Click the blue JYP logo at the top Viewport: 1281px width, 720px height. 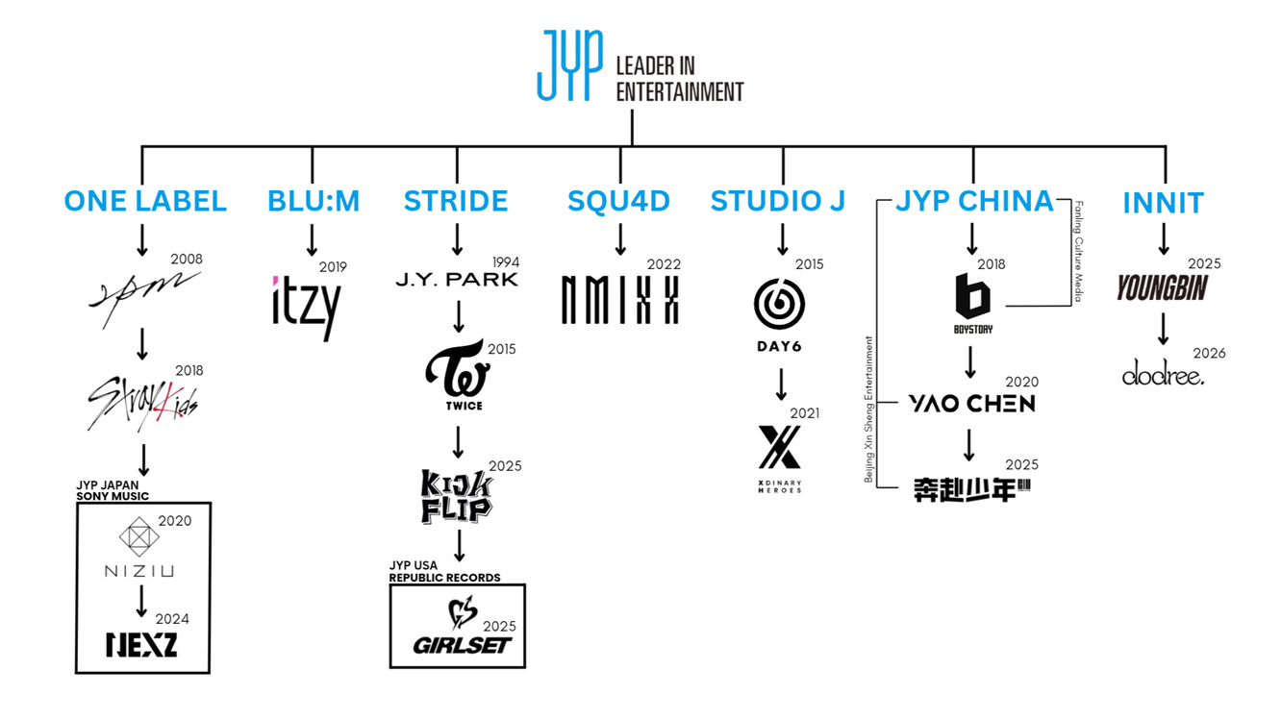570,65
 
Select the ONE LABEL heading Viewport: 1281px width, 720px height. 145,201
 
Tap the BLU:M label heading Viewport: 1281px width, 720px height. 314,201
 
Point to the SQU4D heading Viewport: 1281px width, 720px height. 618,201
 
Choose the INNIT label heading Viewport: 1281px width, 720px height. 1163,203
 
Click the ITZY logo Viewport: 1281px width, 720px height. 305,307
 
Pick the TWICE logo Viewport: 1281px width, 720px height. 458,377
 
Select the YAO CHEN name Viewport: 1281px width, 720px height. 971,404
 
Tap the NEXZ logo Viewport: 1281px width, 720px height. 142,643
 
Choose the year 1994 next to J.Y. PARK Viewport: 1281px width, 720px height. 505,261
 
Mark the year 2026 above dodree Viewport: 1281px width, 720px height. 1209,353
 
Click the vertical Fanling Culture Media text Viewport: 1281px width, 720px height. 1078,252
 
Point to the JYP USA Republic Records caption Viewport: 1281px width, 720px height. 444,572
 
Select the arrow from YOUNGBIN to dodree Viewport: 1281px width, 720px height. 1163,328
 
